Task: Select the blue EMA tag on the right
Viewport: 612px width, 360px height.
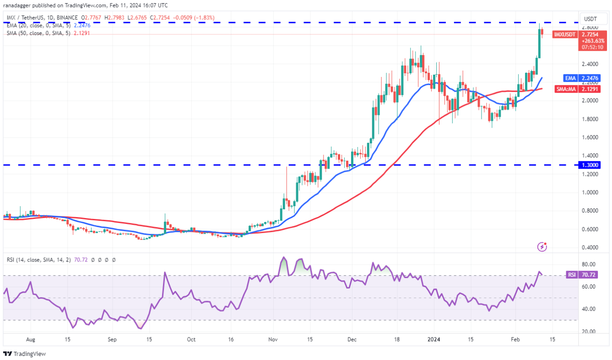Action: click(x=570, y=78)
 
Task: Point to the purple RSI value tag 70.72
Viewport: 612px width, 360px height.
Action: click(x=588, y=275)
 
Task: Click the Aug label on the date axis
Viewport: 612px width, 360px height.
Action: click(x=31, y=340)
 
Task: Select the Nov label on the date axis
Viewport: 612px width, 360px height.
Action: click(x=273, y=340)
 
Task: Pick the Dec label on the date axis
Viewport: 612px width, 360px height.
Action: click(x=352, y=340)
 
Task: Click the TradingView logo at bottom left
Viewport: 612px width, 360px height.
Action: click(x=25, y=354)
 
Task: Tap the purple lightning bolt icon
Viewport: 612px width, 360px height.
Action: click(x=542, y=247)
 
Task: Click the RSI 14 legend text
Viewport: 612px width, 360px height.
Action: click(x=27, y=260)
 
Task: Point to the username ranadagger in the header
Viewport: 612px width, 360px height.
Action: click(x=20, y=5)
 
